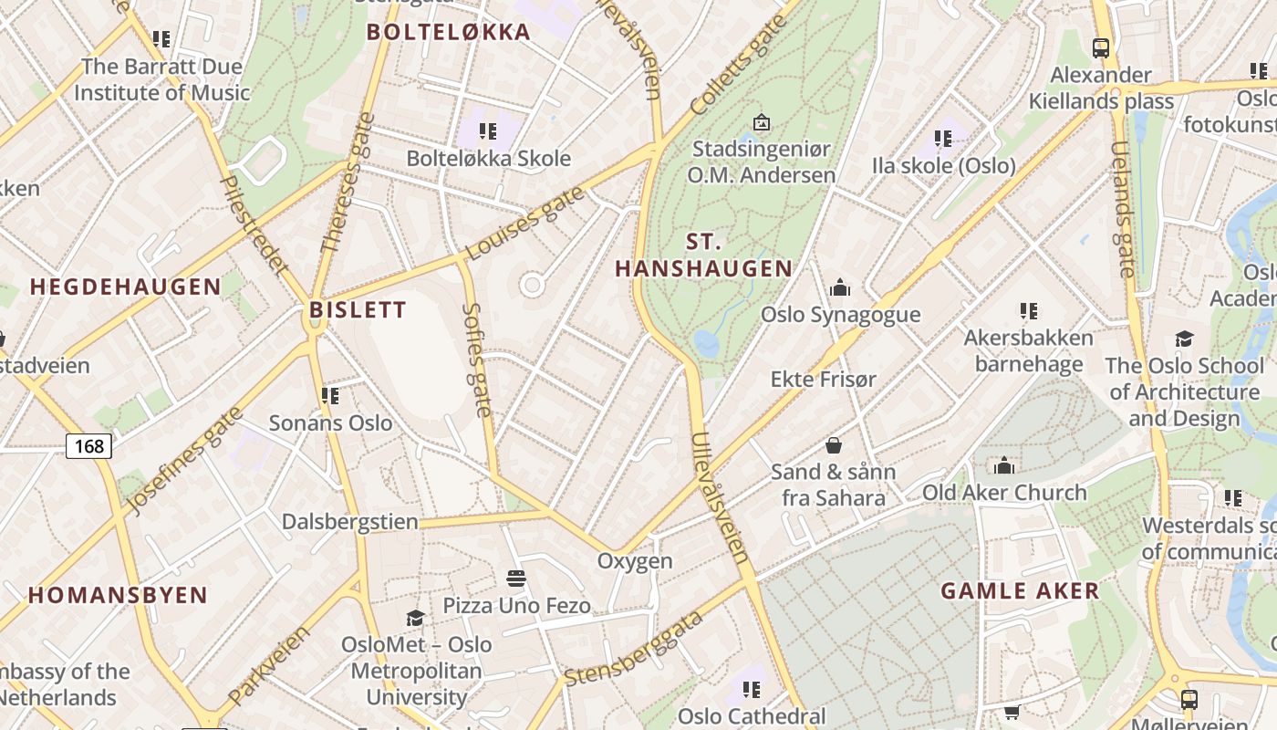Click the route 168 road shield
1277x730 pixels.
click(x=89, y=445)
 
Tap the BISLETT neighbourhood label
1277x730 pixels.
click(x=358, y=309)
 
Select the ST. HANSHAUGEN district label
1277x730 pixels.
click(x=703, y=255)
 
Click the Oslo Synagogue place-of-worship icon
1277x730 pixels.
click(x=840, y=288)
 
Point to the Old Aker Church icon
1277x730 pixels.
click(x=1004, y=466)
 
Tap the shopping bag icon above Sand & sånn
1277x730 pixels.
click(x=833, y=445)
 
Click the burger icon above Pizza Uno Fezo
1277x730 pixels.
click(x=516, y=579)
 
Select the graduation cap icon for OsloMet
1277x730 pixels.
click(x=415, y=618)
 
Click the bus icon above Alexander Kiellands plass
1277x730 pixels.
click(x=1101, y=47)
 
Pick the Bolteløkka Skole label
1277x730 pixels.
click(x=488, y=158)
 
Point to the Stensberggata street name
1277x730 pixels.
click(x=634, y=649)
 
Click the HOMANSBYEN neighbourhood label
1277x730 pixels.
click(x=118, y=596)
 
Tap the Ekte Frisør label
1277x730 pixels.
click(x=823, y=379)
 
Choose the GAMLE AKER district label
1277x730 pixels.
click(x=1020, y=590)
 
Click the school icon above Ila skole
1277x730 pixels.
click(x=943, y=139)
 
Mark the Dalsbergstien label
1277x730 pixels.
click(x=350, y=522)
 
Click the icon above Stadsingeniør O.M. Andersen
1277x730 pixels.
click(x=761, y=121)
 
